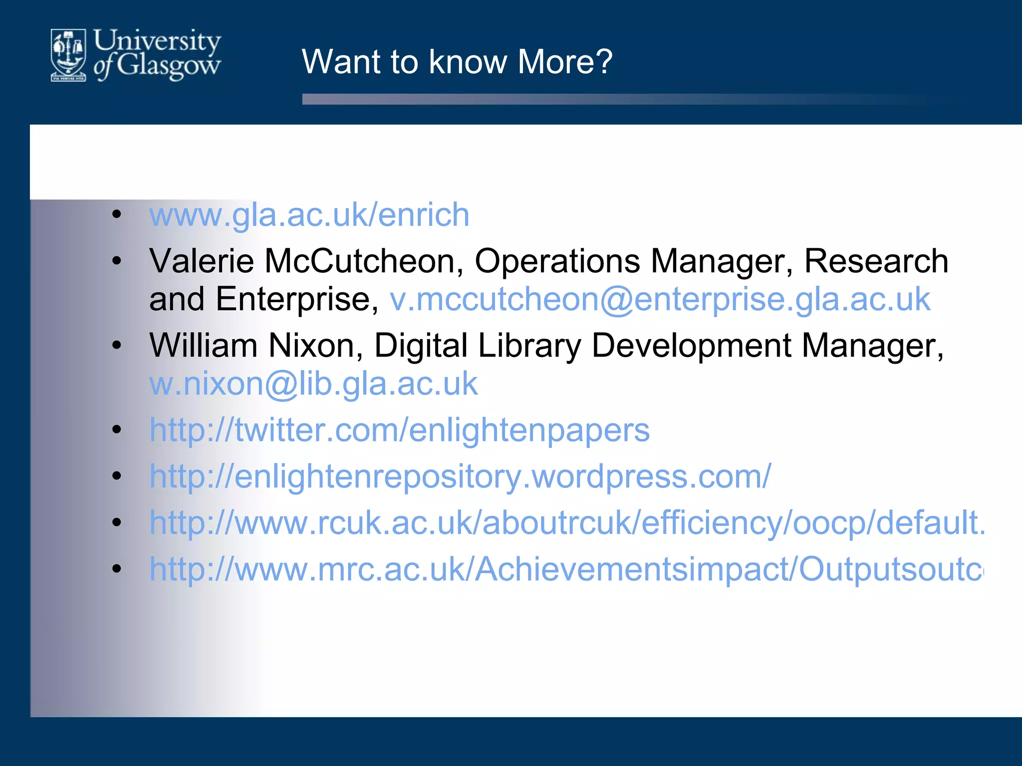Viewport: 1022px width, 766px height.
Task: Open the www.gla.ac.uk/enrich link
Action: point(309,215)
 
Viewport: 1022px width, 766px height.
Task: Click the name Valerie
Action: point(202,261)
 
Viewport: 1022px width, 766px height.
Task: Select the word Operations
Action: point(557,261)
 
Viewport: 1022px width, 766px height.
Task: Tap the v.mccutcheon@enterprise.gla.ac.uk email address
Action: point(660,299)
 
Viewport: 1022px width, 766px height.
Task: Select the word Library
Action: point(529,346)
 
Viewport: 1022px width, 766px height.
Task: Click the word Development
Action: point(692,346)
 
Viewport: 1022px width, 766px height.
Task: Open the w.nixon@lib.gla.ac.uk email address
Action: point(313,383)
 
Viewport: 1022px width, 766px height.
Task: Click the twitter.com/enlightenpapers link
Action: point(399,430)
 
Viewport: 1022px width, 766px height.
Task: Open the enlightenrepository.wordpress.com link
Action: point(460,476)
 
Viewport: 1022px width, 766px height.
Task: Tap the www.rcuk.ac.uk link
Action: point(567,523)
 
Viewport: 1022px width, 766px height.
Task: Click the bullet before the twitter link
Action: point(117,430)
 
